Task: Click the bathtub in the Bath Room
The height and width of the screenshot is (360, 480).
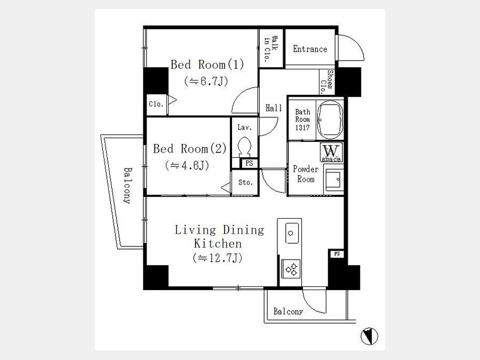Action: coord(330,119)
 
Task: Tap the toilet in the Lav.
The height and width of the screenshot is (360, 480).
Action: coord(244,147)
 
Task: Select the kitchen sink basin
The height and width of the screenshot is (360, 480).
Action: coord(292,233)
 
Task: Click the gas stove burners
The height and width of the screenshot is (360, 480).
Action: coord(291,269)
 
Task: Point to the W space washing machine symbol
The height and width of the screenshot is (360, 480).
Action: coord(331,152)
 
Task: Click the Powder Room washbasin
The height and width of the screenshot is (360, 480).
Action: coord(334,180)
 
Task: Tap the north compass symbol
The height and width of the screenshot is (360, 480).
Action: coord(369,336)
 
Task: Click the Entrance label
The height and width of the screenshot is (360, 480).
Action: coord(310,49)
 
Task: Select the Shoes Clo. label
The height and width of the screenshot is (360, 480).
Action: coord(326,82)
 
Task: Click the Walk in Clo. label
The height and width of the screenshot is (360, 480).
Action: coord(271,49)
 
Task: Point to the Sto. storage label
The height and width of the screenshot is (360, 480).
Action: coord(245,182)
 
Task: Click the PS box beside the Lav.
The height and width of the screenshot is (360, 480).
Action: coord(249,164)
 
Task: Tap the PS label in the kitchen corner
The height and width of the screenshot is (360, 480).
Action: coord(337,254)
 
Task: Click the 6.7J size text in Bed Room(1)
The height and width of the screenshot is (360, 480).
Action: coord(206,82)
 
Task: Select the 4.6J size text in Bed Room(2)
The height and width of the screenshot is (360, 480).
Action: coord(187,166)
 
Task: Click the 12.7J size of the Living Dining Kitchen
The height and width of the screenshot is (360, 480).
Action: coord(218,258)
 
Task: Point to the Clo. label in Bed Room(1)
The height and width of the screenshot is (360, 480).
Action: coord(156,105)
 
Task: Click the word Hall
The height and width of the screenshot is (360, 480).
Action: coord(274,108)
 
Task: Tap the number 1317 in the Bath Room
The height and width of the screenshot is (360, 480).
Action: coord(302,127)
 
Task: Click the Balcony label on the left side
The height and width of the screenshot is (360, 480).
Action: coord(127,186)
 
